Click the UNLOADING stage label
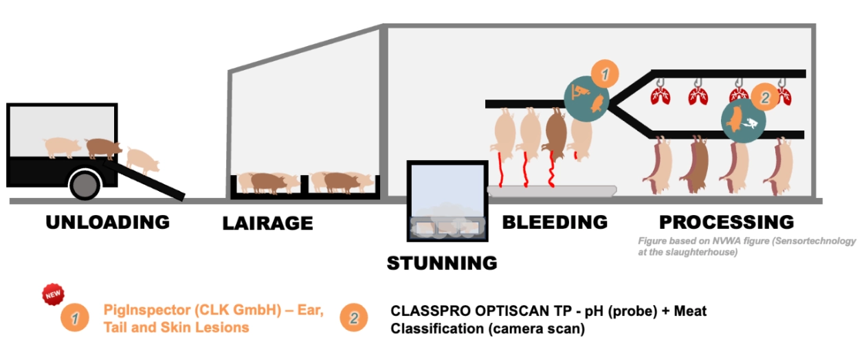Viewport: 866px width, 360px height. (108, 223)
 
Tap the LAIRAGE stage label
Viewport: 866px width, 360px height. (267, 223)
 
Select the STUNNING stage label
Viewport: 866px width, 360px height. (442, 263)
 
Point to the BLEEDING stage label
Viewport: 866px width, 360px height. (555, 222)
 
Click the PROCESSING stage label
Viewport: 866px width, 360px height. (726, 222)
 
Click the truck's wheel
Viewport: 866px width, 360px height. (85, 185)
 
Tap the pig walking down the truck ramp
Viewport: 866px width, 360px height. (143, 161)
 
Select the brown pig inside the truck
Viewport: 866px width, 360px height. (104, 148)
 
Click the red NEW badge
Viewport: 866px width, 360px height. (54, 294)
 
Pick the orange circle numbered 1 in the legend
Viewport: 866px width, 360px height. (75, 318)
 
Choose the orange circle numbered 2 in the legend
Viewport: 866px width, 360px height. (354, 317)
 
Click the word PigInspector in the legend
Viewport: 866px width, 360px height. (147, 310)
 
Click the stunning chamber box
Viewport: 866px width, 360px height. (447, 201)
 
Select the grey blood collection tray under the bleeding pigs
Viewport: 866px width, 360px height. (552, 191)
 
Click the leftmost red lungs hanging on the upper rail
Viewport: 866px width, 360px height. (660, 95)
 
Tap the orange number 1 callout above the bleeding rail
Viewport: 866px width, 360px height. (605, 74)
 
